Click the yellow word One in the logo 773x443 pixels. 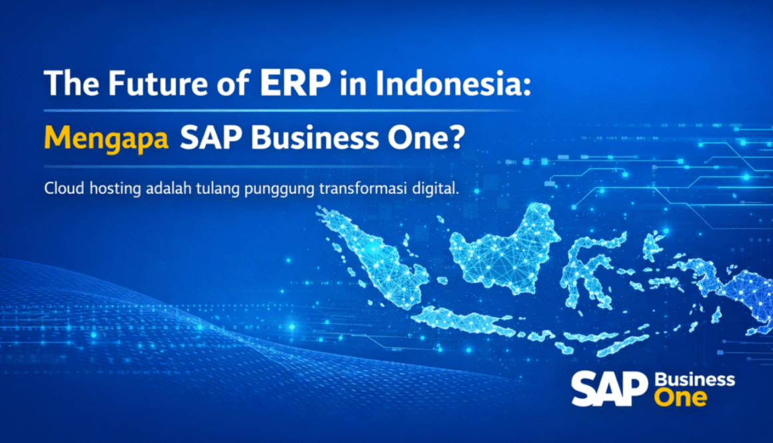(x=680, y=398)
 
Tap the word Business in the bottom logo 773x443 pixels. (x=695, y=381)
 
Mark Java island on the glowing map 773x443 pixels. (x=466, y=323)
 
